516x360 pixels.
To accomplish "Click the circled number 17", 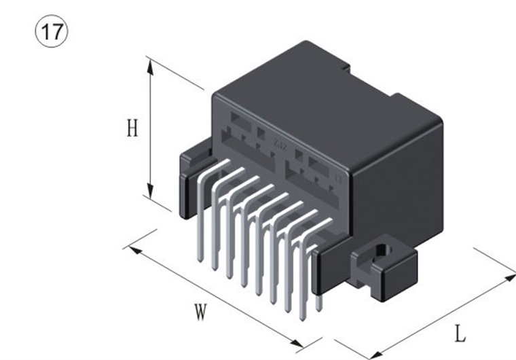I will [51, 31].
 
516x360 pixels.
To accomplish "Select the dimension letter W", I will [200, 312].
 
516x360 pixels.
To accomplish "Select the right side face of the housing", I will [401, 183].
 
